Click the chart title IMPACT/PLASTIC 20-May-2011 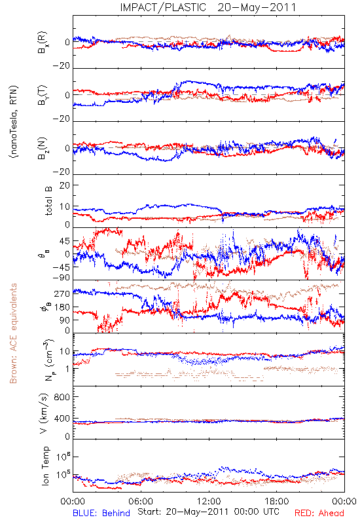[208, 7]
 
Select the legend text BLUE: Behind [101, 513]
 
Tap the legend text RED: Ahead [319, 513]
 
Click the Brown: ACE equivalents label [13, 333]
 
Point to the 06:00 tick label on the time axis [141, 501]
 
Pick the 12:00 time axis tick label [209, 501]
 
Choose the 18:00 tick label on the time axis [277, 501]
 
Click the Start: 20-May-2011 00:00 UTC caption [208, 512]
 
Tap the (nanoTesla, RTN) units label [14, 122]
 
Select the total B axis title [48, 200]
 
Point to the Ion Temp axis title [45, 466]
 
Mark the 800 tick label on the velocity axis [62, 397]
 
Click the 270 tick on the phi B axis [62, 293]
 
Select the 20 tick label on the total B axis [65, 185]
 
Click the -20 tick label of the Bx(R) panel [62, 66]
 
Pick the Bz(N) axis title [43, 148]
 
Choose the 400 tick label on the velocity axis [62, 419]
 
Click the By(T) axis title [43, 95]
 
